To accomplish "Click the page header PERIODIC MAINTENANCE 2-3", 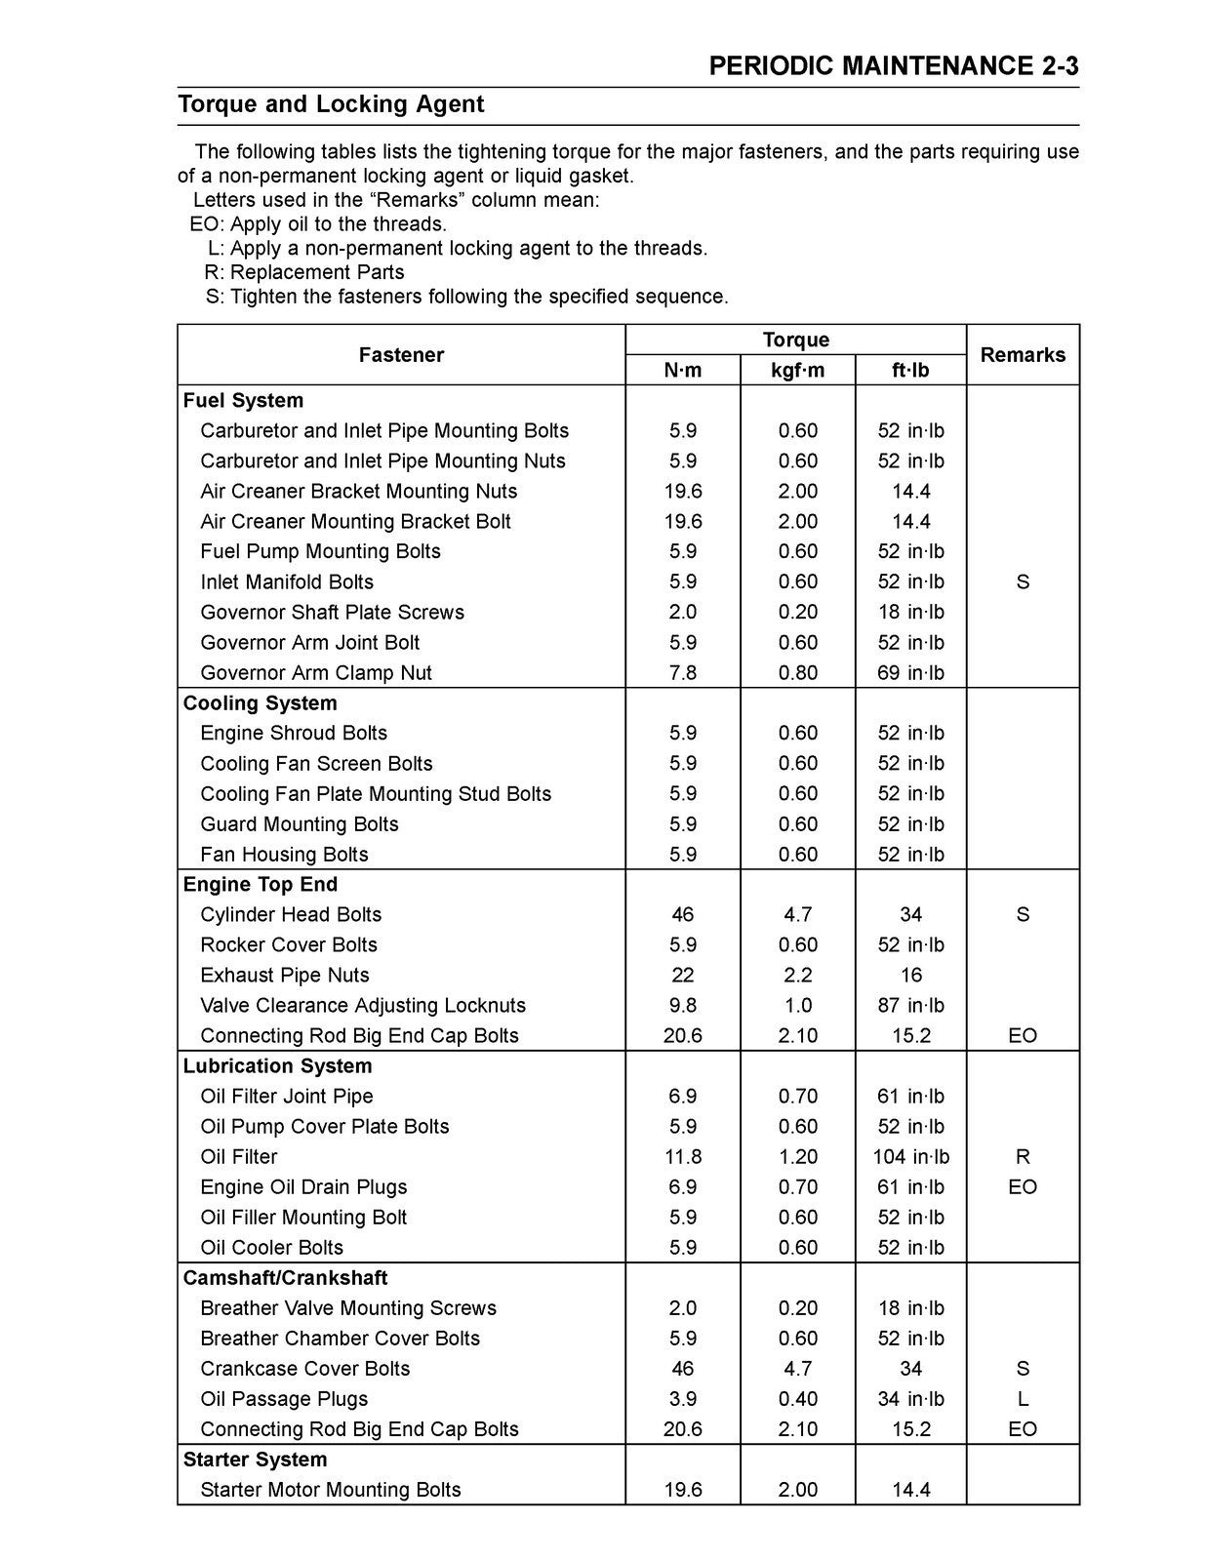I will (x=893, y=66).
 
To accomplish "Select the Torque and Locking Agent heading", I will (x=331, y=104).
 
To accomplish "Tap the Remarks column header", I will (x=1023, y=355).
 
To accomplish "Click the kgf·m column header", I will (x=797, y=370).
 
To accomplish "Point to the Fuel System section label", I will (x=243, y=401).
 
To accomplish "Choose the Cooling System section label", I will (x=260, y=703).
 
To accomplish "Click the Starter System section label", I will (x=255, y=1460).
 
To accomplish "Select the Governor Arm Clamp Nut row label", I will (x=315, y=673).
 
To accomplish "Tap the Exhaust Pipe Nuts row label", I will (x=284, y=976).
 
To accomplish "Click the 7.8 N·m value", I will (x=682, y=673).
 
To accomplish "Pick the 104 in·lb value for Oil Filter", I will (x=910, y=1157).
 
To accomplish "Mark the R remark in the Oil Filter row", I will (x=1023, y=1157).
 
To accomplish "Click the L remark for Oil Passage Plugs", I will (x=1023, y=1399).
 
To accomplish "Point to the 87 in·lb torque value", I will (x=910, y=1006).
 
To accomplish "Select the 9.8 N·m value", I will (x=682, y=1006).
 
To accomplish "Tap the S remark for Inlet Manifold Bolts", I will (x=1023, y=582).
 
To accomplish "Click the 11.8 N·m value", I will (x=682, y=1157).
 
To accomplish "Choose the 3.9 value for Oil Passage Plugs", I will (x=682, y=1399).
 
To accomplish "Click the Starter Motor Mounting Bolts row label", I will (x=330, y=1490).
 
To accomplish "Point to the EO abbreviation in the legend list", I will (x=206, y=224).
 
